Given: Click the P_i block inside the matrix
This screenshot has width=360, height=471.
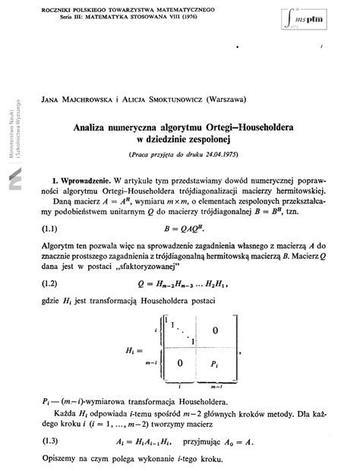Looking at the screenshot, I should point(217,364).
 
